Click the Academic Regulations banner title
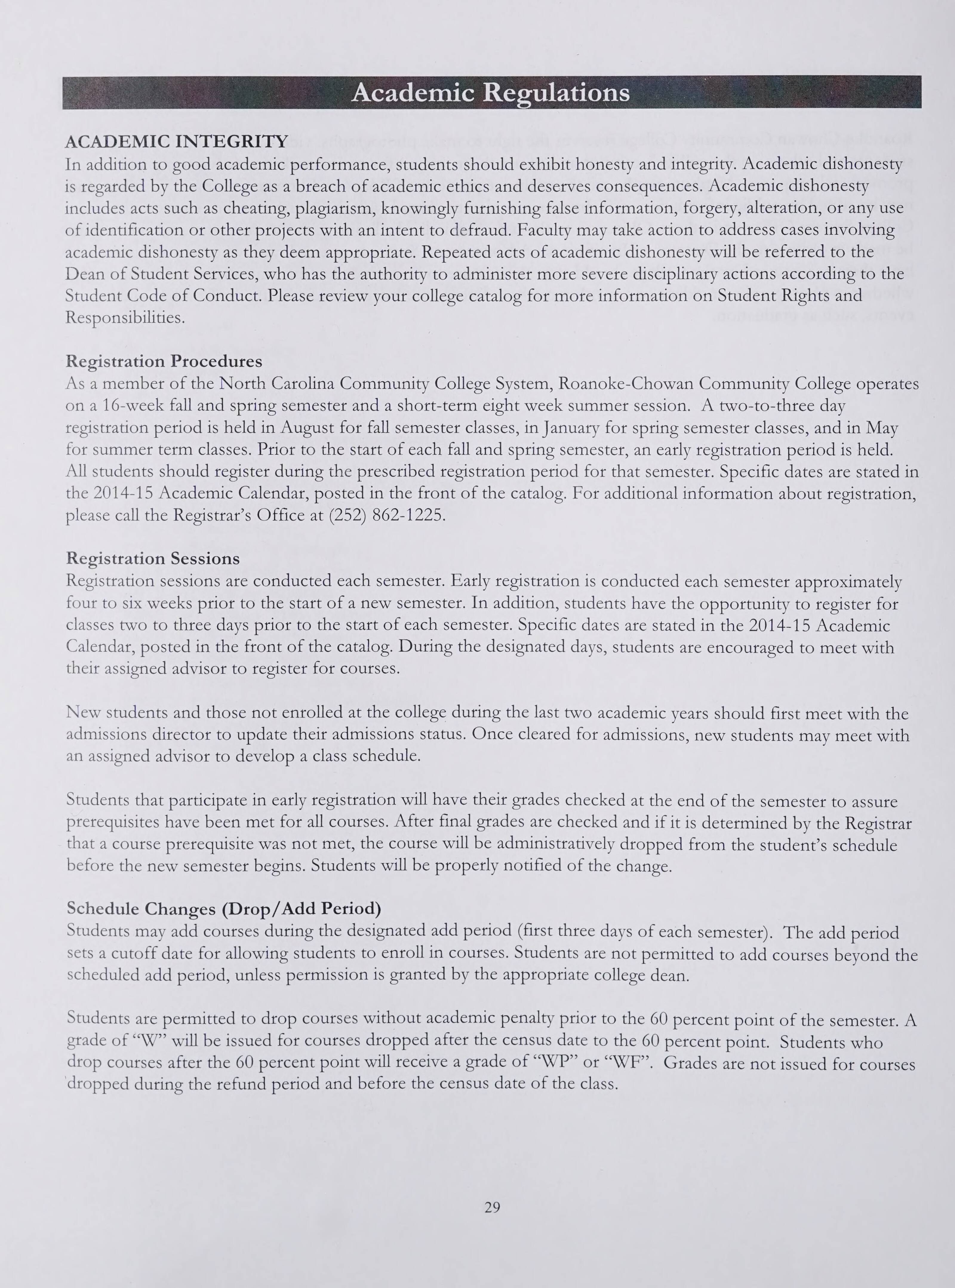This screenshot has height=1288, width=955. tap(490, 93)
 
